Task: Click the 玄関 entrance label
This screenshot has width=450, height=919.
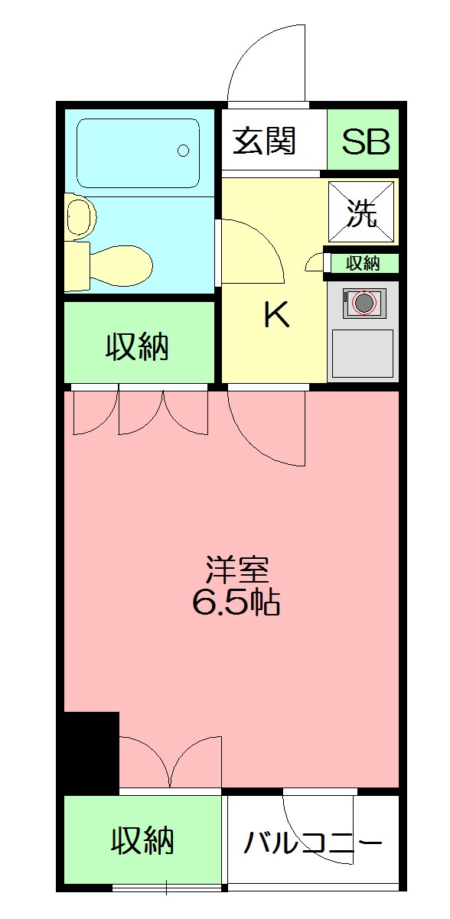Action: (264, 142)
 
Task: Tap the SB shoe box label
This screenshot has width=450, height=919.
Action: (366, 142)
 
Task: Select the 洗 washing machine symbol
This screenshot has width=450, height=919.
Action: (363, 213)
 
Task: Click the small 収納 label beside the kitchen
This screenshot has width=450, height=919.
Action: (363, 263)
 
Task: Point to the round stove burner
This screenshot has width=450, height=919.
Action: (364, 304)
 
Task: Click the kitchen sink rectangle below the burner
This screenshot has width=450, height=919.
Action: (362, 352)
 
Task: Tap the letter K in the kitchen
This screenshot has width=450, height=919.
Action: (276, 314)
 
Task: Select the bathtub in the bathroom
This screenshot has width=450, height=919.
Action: (138, 152)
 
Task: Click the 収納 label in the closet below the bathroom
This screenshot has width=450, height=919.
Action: (137, 348)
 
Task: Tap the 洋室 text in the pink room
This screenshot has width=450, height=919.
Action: (236, 570)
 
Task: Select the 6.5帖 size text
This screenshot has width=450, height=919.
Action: (236, 603)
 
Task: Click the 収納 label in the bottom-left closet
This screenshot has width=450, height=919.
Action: (142, 840)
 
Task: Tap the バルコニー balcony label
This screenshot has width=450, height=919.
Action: (313, 843)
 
